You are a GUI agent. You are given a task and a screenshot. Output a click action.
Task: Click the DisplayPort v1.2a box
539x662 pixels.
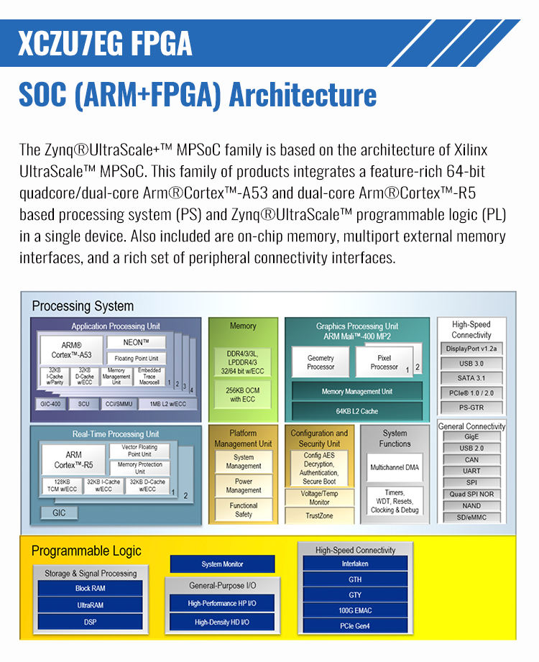(x=471, y=349)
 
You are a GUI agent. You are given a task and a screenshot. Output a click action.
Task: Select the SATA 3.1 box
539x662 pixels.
(x=471, y=378)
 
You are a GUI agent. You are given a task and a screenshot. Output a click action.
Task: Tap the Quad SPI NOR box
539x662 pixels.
(x=471, y=494)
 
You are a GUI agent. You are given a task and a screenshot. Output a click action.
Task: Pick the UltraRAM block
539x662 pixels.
(x=90, y=605)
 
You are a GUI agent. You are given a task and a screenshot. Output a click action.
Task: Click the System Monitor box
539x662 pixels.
(x=222, y=564)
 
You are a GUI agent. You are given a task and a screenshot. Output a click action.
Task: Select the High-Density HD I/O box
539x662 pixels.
(x=222, y=622)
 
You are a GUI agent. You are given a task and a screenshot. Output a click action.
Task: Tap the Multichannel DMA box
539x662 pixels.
(x=395, y=467)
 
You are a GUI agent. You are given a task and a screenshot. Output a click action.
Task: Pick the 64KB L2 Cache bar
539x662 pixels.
(x=356, y=411)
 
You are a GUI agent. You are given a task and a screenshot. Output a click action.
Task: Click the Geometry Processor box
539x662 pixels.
(x=321, y=362)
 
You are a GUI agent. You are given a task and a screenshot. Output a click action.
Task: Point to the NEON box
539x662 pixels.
(x=136, y=343)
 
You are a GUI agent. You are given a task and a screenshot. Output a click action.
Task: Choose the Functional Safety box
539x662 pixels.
(x=244, y=510)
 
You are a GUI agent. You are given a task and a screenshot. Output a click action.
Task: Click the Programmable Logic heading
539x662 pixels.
(x=86, y=551)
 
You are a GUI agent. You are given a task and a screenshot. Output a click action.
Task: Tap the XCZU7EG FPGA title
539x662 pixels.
(x=105, y=43)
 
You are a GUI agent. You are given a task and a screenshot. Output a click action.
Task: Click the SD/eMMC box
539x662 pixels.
(x=471, y=518)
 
